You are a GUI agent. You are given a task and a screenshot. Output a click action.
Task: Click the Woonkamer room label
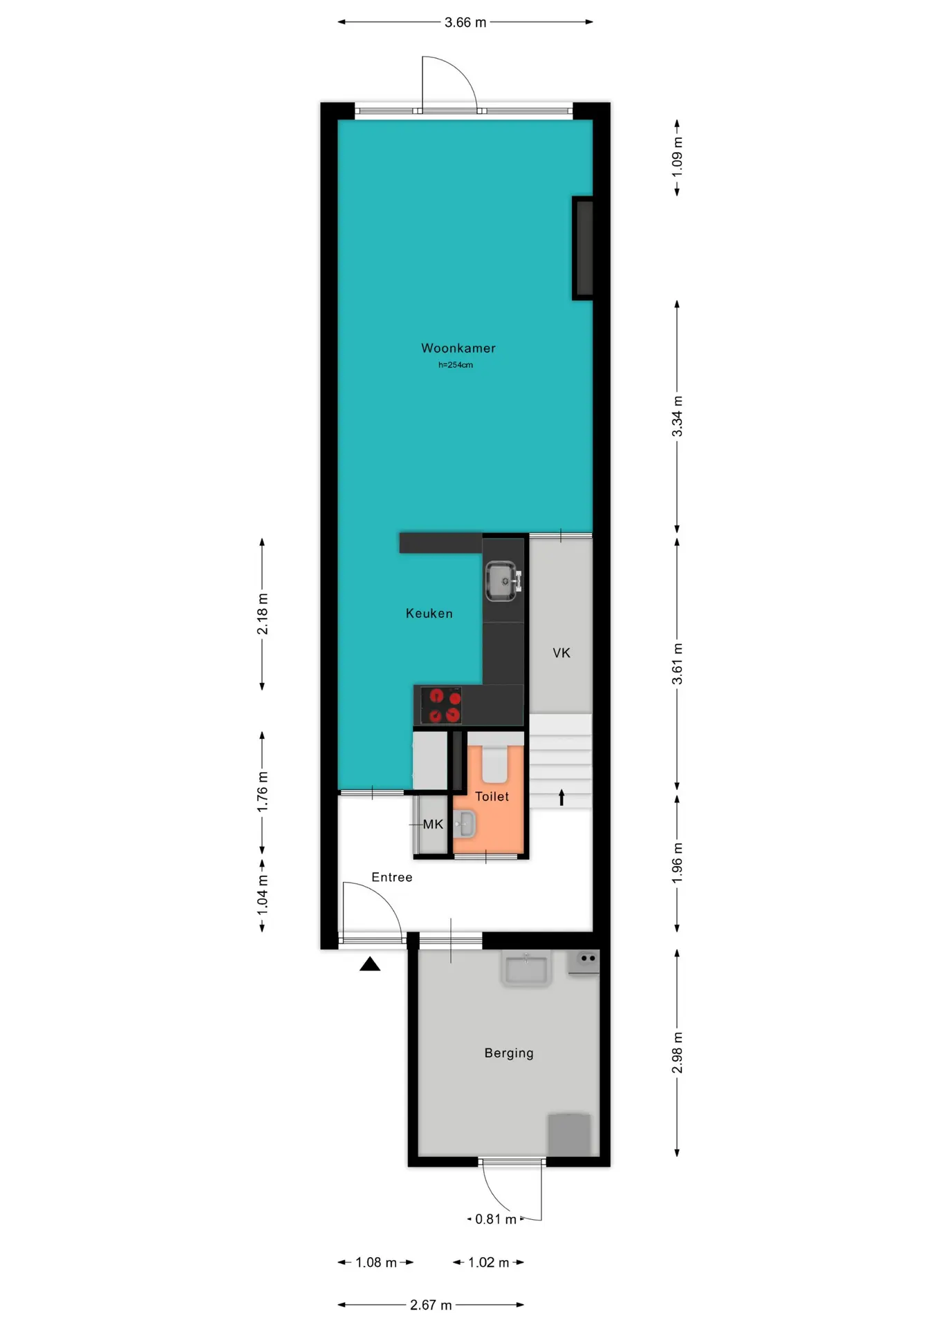pyautogui.click(x=458, y=348)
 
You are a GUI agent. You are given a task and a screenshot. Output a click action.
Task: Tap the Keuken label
pyautogui.click(x=429, y=614)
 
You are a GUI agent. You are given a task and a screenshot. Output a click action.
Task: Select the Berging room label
pyautogui.click(x=509, y=1053)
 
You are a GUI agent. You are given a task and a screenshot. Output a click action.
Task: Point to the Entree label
pyautogui.click(x=392, y=877)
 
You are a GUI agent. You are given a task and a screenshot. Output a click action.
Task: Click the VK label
pyautogui.click(x=561, y=653)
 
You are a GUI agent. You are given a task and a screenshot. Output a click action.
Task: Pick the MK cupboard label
pyautogui.click(x=433, y=824)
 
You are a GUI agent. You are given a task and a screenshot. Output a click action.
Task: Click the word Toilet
pyautogui.click(x=492, y=796)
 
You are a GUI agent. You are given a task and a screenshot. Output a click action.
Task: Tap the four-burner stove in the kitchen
pyautogui.click(x=441, y=705)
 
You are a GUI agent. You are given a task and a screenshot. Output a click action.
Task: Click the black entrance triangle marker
pyautogui.click(x=370, y=963)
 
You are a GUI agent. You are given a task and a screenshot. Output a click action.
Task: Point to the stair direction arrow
pyautogui.click(x=561, y=798)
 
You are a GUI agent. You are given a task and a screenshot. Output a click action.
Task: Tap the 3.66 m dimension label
pyautogui.click(x=465, y=23)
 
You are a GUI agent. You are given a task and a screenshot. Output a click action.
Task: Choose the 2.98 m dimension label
pyautogui.click(x=678, y=1053)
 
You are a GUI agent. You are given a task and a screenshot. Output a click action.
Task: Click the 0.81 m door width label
pyautogui.click(x=496, y=1219)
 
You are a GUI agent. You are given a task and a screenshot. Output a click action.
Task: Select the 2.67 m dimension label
pyautogui.click(x=431, y=1305)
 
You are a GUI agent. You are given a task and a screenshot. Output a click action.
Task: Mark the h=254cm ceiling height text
pyautogui.click(x=456, y=365)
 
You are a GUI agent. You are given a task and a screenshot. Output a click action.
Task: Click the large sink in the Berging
pyautogui.click(x=526, y=969)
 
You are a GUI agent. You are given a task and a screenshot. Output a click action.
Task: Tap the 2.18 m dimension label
pyautogui.click(x=263, y=614)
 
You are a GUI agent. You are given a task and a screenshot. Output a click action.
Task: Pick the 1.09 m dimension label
pyautogui.click(x=678, y=157)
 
